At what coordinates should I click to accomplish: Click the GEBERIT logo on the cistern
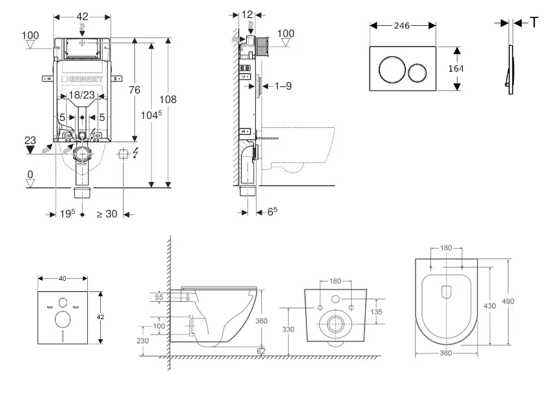coord(82,79)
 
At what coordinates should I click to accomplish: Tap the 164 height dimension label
coord(456,68)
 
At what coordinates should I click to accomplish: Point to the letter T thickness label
coord(534,23)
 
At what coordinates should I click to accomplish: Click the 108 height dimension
coord(167,99)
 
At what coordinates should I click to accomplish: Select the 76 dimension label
coord(134,90)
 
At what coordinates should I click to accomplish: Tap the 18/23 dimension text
coord(82,95)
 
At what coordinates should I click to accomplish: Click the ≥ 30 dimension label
coord(107,214)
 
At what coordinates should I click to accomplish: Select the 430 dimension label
coord(489,306)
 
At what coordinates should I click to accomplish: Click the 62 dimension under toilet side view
coord(260,351)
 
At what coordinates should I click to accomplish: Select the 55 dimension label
coord(160,297)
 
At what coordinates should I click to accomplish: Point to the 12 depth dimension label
coord(248,14)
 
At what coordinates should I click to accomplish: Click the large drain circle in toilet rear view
coord(335,326)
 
